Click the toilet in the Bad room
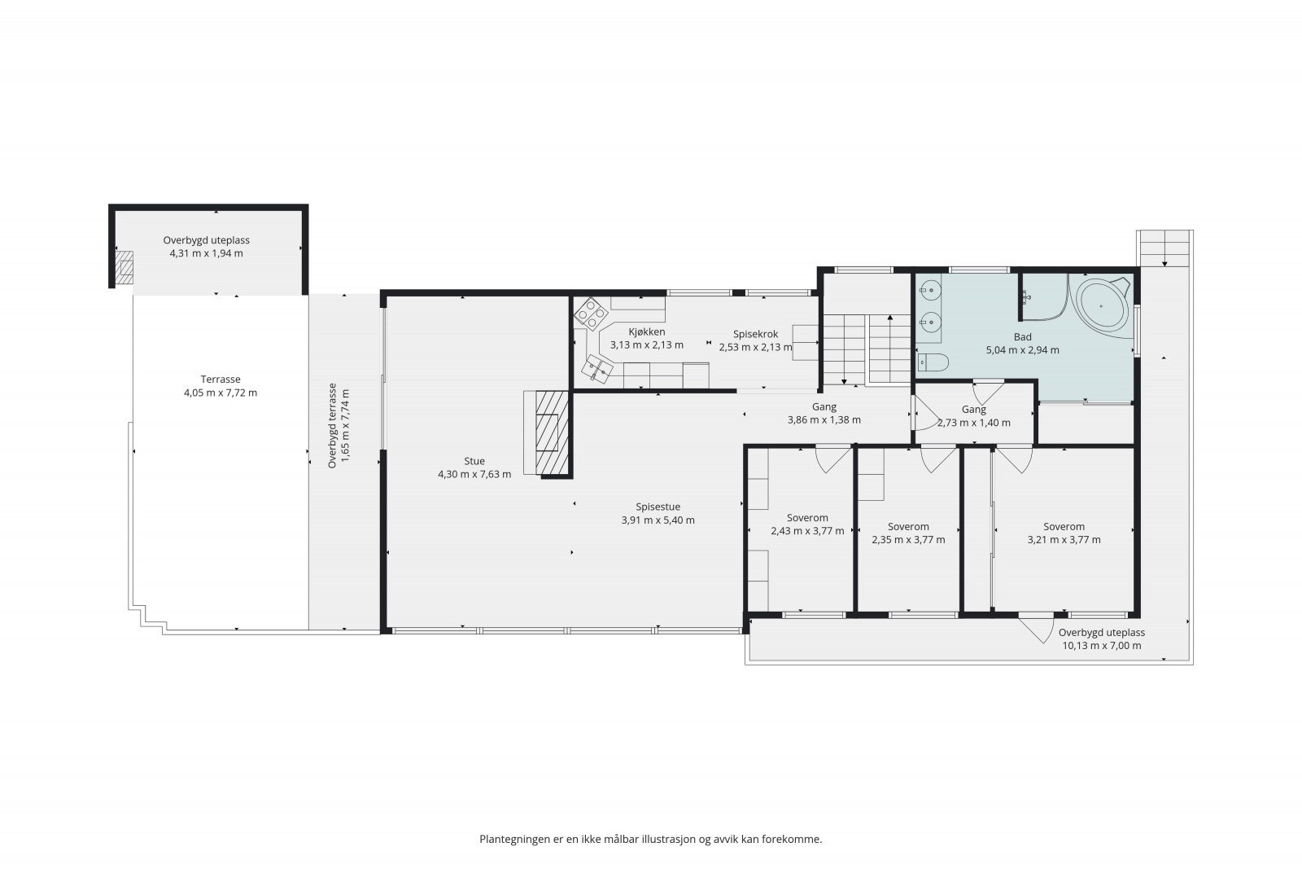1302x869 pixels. pyautogui.click(x=933, y=362)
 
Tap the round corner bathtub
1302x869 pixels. pyautogui.click(x=1103, y=305)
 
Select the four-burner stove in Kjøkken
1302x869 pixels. pyautogui.click(x=591, y=314)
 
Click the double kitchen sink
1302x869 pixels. pyautogui.click(x=597, y=370)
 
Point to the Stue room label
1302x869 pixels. pyautogui.click(x=474, y=461)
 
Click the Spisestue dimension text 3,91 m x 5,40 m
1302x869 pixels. pyautogui.click(x=658, y=520)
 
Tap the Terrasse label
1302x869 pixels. pyautogui.click(x=221, y=380)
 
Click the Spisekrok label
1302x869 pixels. pyautogui.click(x=756, y=335)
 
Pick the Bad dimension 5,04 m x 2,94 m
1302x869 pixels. pyautogui.click(x=1022, y=350)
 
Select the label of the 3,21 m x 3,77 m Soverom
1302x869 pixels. pyautogui.click(x=1064, y=526)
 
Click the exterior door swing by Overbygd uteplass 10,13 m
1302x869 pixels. pyautogui.click(x=1037, y=629)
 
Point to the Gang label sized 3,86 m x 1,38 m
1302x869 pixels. pyautogui.click(x=824, y=407)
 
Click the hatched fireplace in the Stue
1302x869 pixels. pyautogui.click(x=552, y=432)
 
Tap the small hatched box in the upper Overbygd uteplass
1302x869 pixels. pyautogui.click(x=123, y=268)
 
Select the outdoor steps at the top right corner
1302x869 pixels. pyautogui.click(x=1164, y=248)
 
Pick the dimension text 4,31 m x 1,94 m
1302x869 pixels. pyautogui.click(x=207, y=253)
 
